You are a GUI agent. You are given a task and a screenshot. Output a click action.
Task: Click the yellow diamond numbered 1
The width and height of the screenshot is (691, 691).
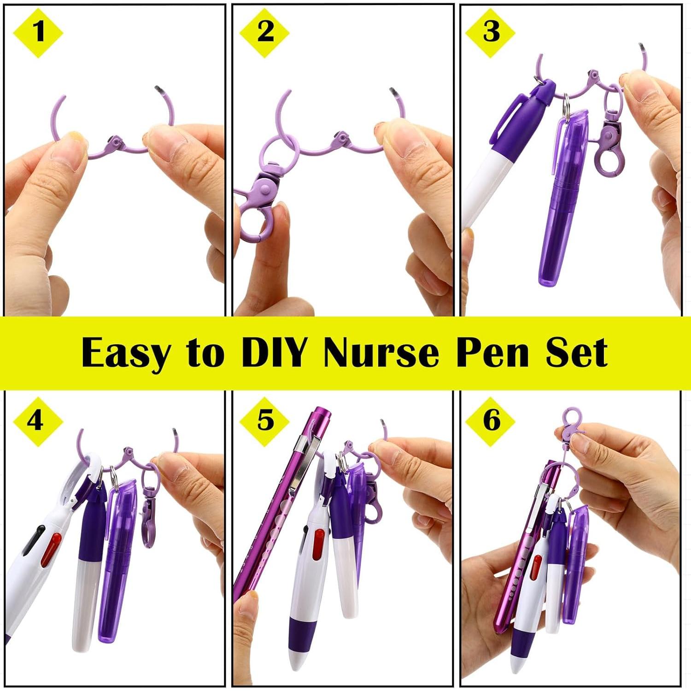pos(38,32)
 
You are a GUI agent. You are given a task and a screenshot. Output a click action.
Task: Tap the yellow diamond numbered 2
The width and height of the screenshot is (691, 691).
pos(264,32)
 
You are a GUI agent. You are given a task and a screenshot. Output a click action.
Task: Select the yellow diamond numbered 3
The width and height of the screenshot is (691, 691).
pos(490,32)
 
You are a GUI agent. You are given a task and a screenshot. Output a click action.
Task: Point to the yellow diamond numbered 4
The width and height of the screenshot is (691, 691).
pos(38,421)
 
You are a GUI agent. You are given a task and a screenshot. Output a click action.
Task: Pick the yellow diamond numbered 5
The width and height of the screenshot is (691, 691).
pos(264,421)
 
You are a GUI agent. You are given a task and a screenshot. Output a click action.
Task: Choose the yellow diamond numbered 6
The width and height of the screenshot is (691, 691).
pos(490,421)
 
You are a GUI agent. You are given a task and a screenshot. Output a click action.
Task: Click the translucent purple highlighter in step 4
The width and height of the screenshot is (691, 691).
pos(117,557)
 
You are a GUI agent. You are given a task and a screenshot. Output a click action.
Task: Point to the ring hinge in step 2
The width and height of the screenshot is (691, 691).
pos(341,137)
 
